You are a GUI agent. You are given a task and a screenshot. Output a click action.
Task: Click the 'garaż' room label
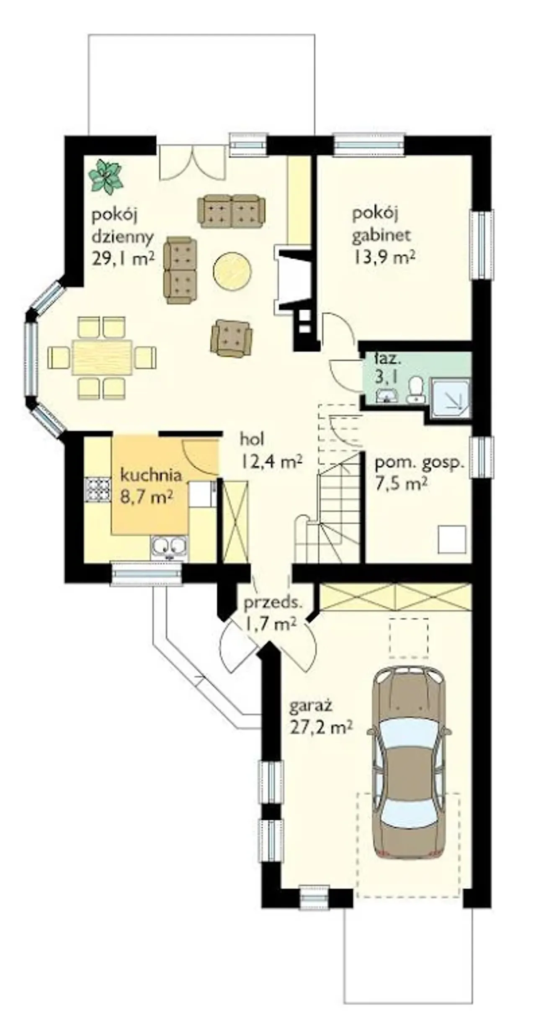point(311,707)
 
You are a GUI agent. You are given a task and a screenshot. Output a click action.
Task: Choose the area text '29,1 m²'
point(123,259)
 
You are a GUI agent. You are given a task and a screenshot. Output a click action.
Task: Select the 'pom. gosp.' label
point(420,464)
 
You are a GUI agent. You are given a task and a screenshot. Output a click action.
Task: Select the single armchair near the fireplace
point(232,338)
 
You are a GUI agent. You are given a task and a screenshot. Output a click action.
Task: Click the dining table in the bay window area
point(103,358)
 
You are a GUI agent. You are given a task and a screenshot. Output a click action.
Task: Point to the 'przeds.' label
point(273,603)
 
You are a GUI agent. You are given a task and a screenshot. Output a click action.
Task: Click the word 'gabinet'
point(381,235)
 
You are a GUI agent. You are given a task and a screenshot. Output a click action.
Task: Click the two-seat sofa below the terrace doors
point(232,211)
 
